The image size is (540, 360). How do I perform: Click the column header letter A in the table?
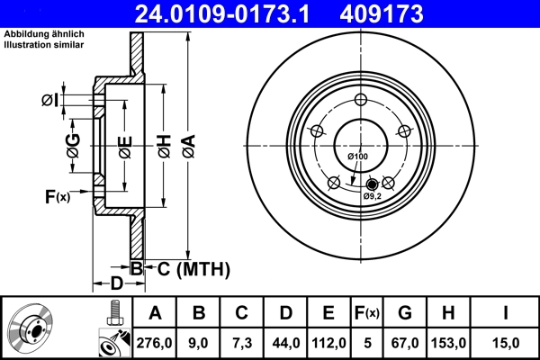click(155, 313)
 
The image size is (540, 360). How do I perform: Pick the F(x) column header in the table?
click(366, 313)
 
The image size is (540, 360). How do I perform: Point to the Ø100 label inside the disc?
click(358, 157)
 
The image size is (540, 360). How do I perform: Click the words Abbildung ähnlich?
click(38, 35)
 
